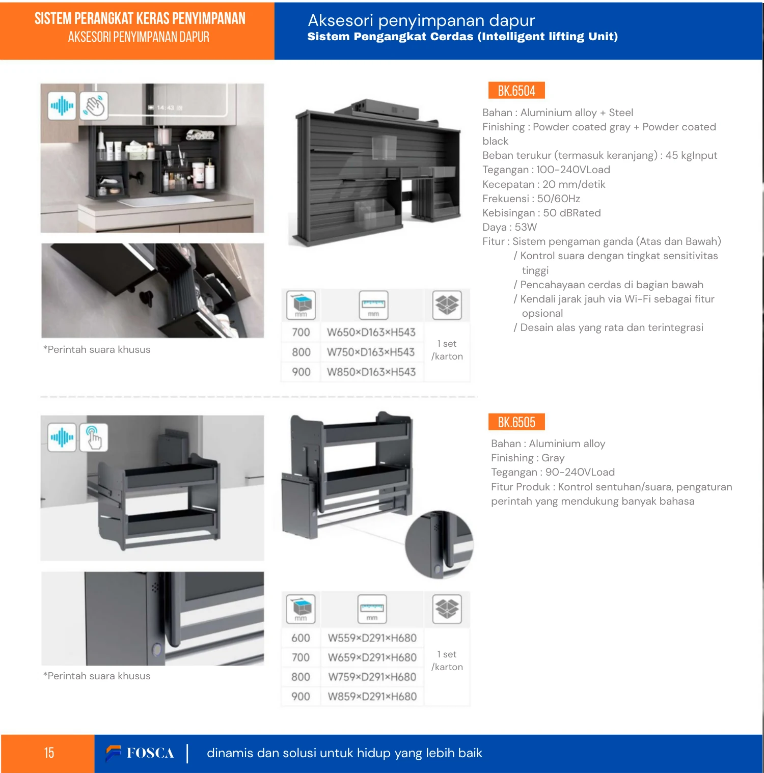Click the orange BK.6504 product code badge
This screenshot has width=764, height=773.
(516, 91)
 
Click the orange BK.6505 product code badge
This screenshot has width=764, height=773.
(516, 422)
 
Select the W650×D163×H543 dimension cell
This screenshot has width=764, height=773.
(371, 333)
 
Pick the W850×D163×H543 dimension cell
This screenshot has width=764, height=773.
(371, 372)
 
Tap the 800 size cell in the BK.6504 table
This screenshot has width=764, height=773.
(301, 352)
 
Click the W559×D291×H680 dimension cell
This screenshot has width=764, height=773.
(372, 638)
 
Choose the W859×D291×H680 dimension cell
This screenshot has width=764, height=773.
(372, 697)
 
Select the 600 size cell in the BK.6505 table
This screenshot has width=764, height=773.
(301, 638)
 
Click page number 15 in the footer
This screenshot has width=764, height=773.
(49, 753)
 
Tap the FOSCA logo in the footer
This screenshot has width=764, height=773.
(140, 753)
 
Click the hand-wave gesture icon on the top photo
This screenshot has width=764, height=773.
(94, 106)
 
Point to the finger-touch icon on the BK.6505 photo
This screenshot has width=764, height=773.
(94, 437)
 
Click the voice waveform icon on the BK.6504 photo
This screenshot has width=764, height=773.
(62, 106)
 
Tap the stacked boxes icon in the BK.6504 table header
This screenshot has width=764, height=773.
(447, 305)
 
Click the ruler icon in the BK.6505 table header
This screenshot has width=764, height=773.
(372, 609)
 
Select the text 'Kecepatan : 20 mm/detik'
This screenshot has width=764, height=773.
(544, 184)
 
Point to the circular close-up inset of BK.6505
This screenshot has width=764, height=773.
(440, 544)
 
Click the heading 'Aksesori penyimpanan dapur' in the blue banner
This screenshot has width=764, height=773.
(421, 20)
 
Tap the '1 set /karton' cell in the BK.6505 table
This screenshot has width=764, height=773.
(447, 660)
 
